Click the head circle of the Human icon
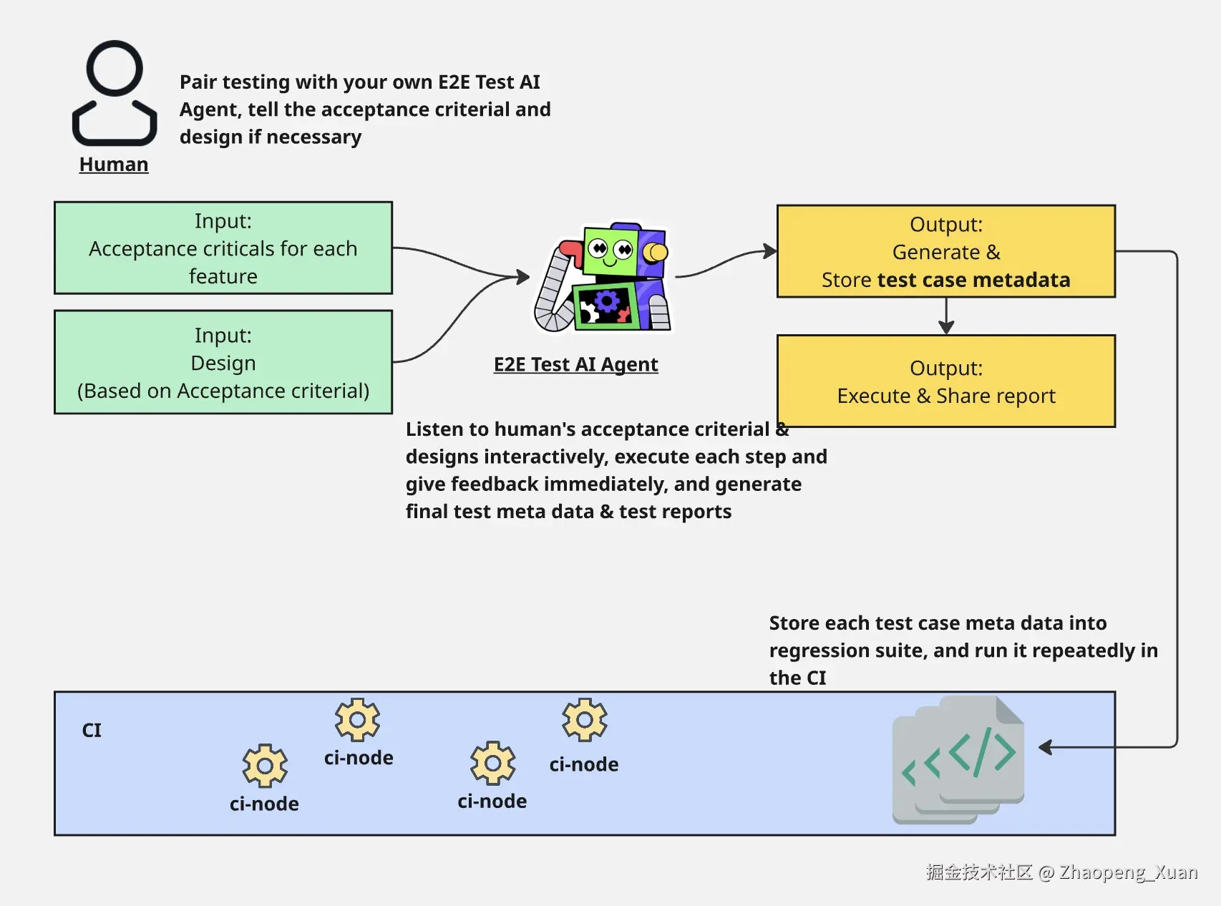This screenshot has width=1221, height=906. tap(115, 68)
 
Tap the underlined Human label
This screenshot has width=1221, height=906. tap(114, 165)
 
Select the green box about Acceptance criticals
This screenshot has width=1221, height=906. tap(223, 248)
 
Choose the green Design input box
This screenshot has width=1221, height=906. tap(223, 362)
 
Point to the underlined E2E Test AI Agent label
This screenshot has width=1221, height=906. tap(575, 364)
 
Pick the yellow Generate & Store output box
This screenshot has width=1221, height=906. tap(945, 251)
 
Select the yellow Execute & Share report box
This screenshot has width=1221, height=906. tap(945, 381)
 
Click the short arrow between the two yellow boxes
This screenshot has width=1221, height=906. tap(946, 316)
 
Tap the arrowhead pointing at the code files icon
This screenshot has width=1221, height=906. tap(1046, 747)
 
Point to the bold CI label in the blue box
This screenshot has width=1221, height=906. tap(92, 730)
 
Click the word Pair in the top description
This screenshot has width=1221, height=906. tap(198, 82)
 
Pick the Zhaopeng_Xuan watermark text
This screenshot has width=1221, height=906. tap(1128, 872)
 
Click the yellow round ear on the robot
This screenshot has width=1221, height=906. tap(656, 252)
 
